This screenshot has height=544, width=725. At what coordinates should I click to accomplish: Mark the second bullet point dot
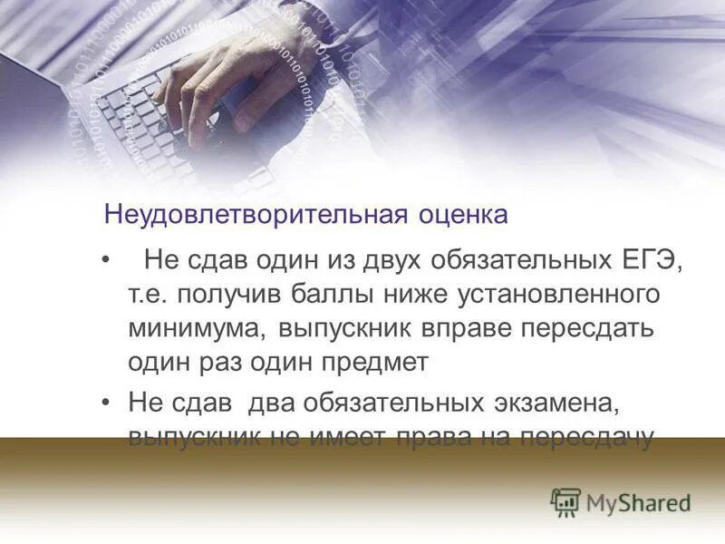(107, 402)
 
